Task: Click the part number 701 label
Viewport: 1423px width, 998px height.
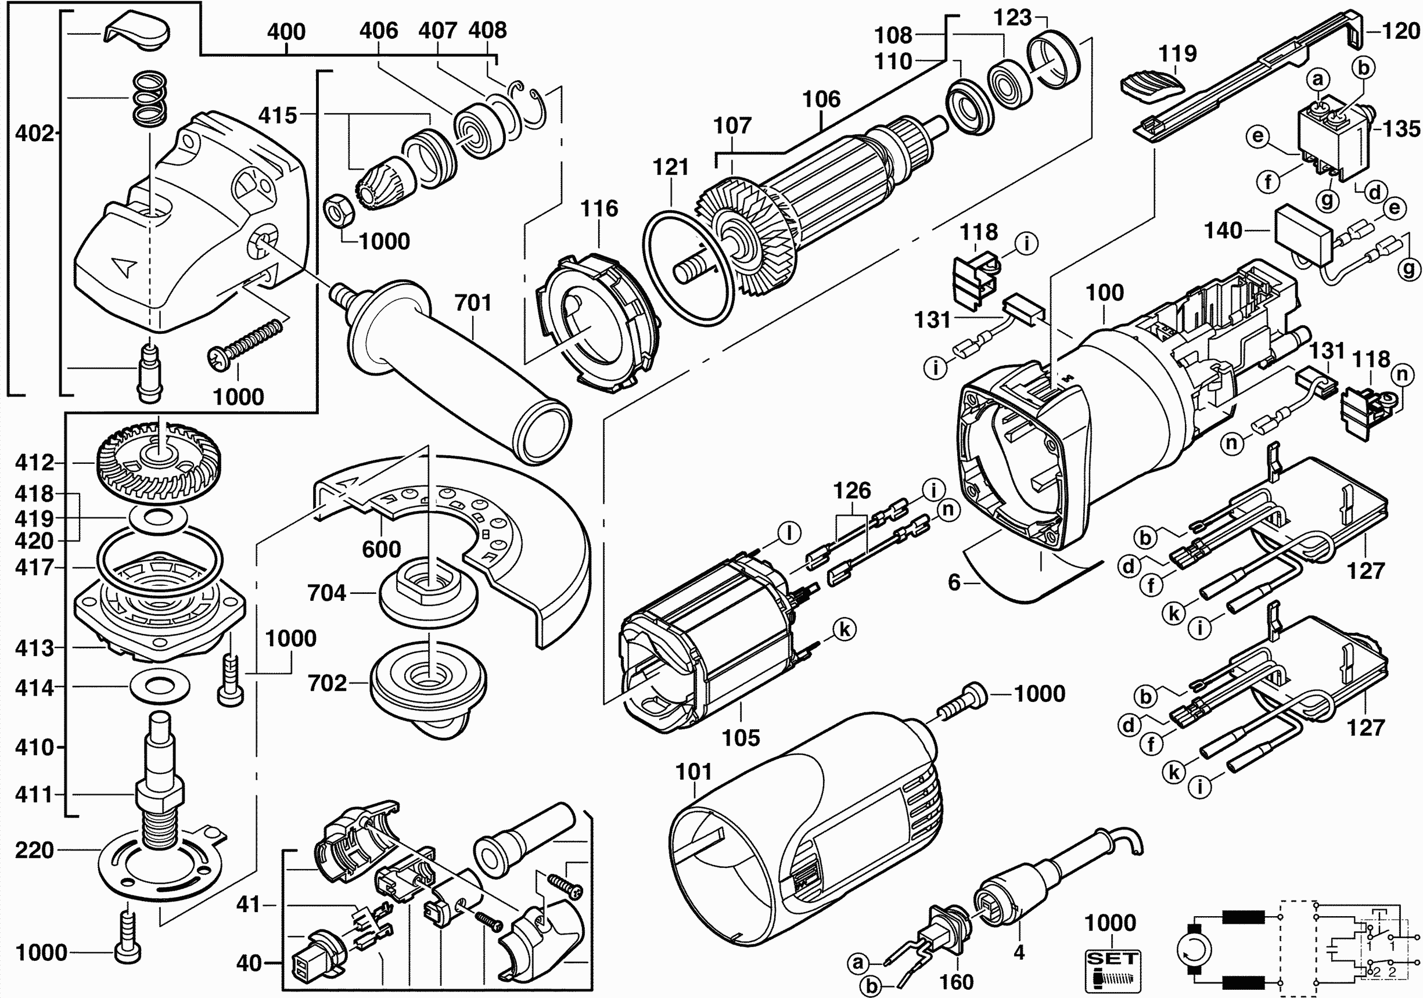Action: [473, 303]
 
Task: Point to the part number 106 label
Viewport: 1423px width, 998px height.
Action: [821, 99]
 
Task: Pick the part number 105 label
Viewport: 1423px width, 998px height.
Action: [741, 738]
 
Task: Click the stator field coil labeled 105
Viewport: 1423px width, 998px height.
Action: [706, 638]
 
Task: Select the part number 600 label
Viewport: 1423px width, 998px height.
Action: [381, 549]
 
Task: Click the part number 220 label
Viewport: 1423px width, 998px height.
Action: [35, 851]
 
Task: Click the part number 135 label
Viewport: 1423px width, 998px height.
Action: [1401, 129]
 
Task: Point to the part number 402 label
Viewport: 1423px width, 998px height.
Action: [34, 133]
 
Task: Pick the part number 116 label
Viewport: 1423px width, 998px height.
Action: [599, 209]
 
